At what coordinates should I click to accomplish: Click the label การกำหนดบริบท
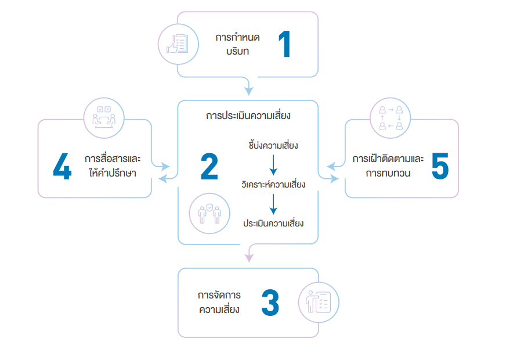pyautogui.click(x=237, y=44)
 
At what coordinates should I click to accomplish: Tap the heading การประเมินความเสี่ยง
pyautogui.click(x=248, y=116)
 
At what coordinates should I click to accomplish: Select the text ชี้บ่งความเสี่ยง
pyautogui.click(x=273, y=145)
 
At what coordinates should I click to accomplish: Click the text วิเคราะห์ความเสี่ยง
pyautogui.click(x=273, y=185)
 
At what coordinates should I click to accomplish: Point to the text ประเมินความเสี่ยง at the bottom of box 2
pyautogui.click(x=273, y=224)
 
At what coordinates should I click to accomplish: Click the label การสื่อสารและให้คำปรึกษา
pyautogui.click(x=110, y=166)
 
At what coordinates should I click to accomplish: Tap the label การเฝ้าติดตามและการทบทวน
pyautogui.click(x=388, y=166)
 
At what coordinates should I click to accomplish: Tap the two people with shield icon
pyautogui.click(x=209, y=213)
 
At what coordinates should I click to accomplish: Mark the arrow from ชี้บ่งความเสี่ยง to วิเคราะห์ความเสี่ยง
pyautogui.click(x=273, y=164)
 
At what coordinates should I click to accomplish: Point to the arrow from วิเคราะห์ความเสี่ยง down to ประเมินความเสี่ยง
pyautogui.click(x=273, y=204)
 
